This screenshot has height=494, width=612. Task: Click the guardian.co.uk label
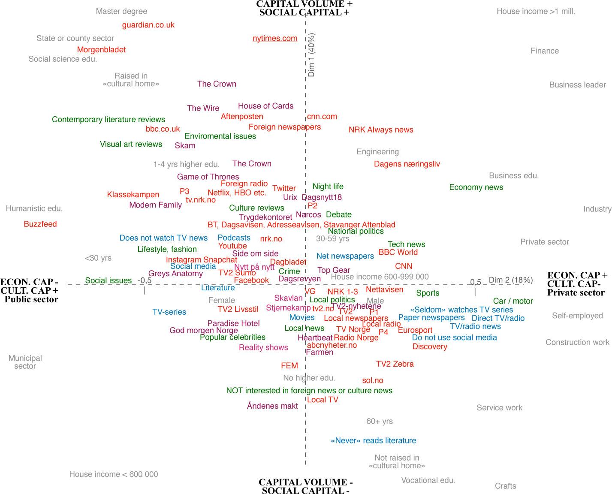148,25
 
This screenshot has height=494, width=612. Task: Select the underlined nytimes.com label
275,38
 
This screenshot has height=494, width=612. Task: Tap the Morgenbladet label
101,50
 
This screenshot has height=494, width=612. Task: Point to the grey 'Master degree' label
121,12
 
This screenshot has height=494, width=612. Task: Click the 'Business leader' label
577,85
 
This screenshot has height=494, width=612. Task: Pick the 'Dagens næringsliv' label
407,164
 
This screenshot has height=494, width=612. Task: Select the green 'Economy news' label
476,187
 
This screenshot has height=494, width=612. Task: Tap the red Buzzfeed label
40,224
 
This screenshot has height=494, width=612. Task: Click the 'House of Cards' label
265,106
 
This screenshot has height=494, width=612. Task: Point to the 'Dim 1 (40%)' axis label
312,55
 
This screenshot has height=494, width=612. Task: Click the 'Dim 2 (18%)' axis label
510,280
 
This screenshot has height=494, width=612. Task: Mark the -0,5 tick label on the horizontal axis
145,280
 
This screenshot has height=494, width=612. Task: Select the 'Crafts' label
505,486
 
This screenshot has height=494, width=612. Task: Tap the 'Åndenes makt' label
272,406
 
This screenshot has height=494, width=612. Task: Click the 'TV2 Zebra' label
395,364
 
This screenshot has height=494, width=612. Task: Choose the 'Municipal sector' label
25,362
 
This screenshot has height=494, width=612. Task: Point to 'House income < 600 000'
114,474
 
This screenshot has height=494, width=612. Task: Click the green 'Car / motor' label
513,301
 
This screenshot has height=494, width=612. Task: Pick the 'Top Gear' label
334,270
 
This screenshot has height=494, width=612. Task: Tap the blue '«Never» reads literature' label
373,440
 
